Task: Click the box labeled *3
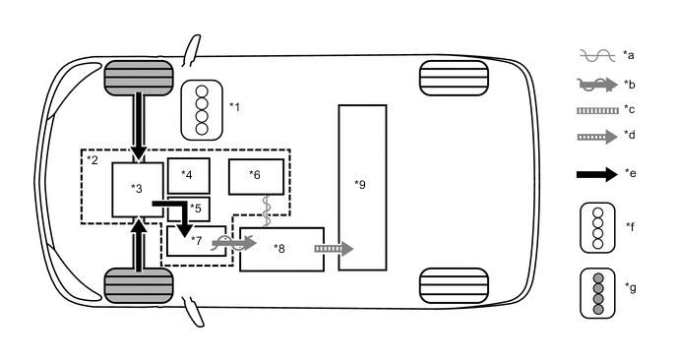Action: [x=136, y=189]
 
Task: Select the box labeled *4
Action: [x=188, y=175]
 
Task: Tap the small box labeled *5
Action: [x=198, y=209]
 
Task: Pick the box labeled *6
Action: [x=256, y=176]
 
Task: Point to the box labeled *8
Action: [x=281, y=249]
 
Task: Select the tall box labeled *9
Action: [x=362, y=186]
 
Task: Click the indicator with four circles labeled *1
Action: [x=202, y=107]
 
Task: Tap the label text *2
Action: [x=92, y=159]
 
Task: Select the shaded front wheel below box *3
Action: [x=139, y=285]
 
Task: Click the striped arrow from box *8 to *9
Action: [x=331, y=250]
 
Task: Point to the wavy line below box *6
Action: [x=265, y=210]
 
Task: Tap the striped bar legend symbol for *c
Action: [x=596, y=110]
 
